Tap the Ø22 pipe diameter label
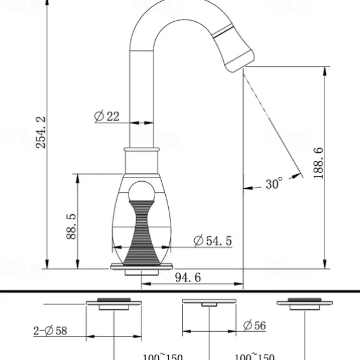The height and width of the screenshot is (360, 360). point(107,116)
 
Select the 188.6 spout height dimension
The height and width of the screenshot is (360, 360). point(318,163)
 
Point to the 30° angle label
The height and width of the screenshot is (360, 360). point(274,184)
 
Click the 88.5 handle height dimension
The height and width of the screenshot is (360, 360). point(71,225)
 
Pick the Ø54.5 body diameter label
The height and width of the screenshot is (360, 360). point(212,241)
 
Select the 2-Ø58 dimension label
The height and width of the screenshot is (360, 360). point(50,331)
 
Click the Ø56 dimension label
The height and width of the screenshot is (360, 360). point(254,325)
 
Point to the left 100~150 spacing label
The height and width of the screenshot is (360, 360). point(162,356)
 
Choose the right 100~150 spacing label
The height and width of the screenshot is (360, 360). point(254,356)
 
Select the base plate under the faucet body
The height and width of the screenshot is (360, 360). point(142,268)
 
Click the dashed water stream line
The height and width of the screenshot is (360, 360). point(260,100)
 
